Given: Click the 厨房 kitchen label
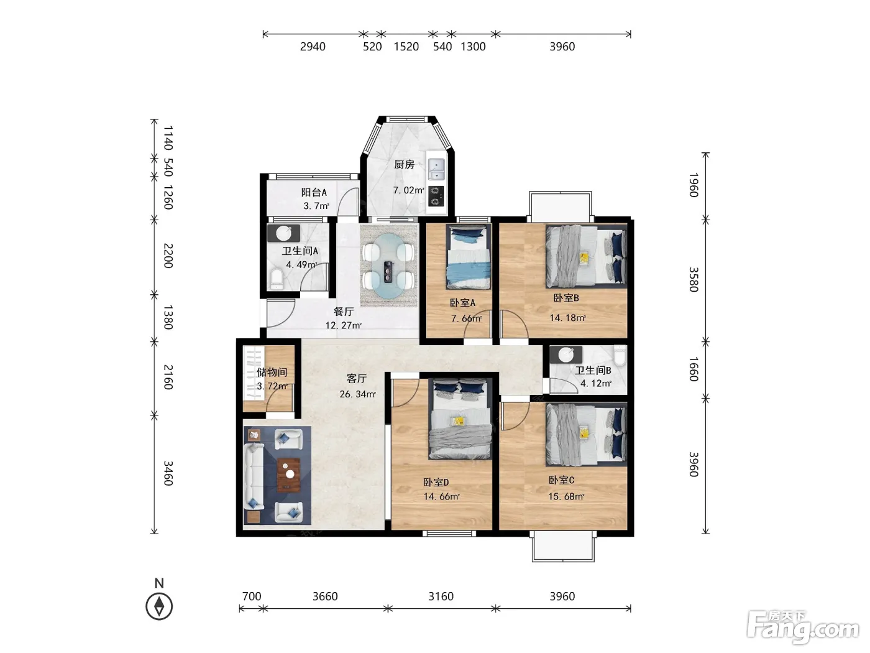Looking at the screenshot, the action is pos(404,164).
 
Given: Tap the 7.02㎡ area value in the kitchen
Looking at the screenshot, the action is pos(409,190).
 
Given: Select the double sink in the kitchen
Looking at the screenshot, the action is pos(436,169).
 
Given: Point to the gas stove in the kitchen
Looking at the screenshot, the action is pos(436,196).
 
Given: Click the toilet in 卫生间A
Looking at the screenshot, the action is pos(276,279).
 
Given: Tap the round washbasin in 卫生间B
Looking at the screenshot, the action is pos(565,355).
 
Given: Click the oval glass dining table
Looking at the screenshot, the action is pos(389,266).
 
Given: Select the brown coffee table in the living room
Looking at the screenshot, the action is pos(288,475).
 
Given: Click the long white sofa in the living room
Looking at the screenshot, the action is pos(254,476).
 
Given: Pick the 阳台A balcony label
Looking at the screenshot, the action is pos(314,192).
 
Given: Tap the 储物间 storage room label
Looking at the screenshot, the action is pos(272,372).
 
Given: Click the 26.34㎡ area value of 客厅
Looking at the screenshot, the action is pos(357,394).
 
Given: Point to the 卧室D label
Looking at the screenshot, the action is pos(436,482).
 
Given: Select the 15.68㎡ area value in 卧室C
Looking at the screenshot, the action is pos(566,496).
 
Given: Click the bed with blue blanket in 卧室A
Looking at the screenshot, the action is pos(468,257).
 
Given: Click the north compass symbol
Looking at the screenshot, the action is pos(159,606).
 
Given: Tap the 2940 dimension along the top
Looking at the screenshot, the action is pos(313,47).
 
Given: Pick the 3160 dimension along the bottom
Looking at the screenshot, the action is pos(441,596).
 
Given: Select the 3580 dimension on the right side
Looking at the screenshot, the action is pos(694,279).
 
